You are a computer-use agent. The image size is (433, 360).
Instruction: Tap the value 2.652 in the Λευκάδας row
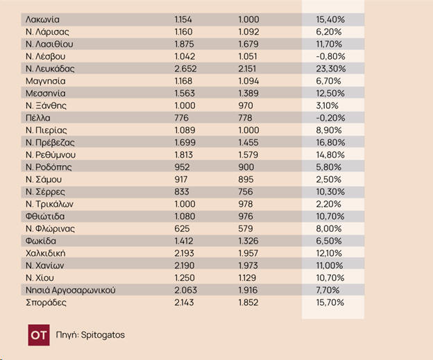[185, 69]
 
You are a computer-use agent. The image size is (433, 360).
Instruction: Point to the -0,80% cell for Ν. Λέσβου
[324, 56]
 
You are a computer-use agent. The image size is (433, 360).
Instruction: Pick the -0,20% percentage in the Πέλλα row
[324, 118]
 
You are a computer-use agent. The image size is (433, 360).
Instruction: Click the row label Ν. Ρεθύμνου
[50, 155]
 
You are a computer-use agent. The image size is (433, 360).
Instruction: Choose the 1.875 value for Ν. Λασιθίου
[185, 44]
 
